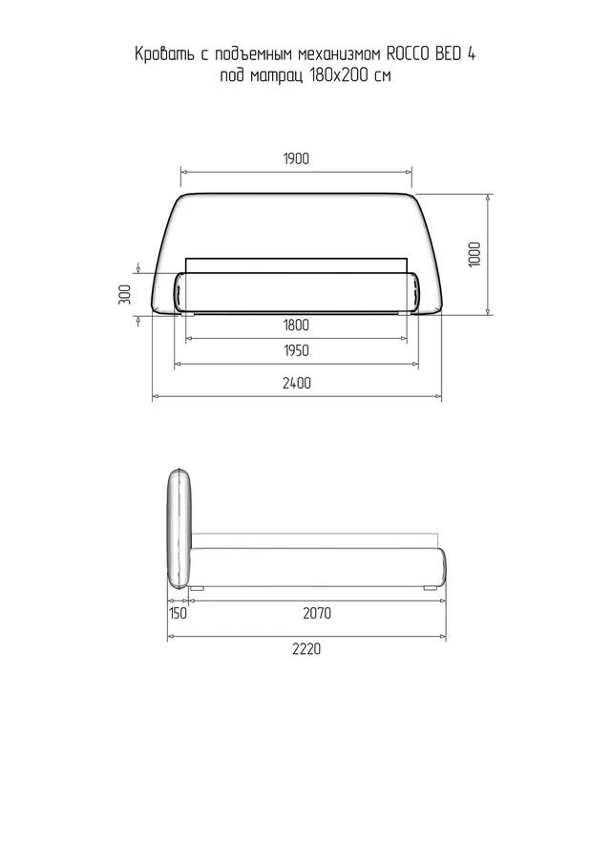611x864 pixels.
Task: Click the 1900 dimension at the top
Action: click(296, 158)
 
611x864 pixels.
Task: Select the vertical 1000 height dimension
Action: click(474, 254)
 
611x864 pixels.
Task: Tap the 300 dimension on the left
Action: click(125, 294)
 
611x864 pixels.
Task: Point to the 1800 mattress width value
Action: click(296, 326)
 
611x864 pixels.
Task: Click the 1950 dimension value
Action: click(296, 350)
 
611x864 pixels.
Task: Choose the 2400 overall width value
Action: click(297, 383)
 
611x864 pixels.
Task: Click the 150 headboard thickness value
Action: click(178, 613)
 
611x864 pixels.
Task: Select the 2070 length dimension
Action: click(317, 613)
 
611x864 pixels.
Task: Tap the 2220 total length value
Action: click(306, 648)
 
